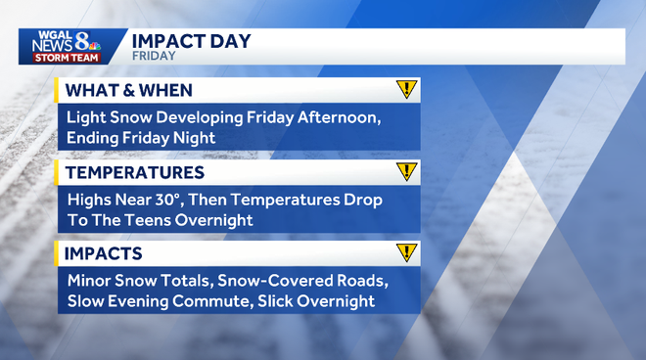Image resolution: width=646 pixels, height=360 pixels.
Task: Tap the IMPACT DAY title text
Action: [191, 41]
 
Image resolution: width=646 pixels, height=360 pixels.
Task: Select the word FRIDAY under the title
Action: [154, 57]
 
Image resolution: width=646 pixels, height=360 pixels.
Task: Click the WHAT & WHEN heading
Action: [127, 91]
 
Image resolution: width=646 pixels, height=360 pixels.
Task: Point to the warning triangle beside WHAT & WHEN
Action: [406, 90]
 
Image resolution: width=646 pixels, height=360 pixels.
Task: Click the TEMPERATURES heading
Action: [134, 173]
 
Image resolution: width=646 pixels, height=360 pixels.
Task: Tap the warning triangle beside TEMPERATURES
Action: [406, 172]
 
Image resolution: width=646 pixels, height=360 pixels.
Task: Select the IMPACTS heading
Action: [104, 254]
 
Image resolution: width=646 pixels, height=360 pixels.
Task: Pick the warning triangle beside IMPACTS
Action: [406, 253]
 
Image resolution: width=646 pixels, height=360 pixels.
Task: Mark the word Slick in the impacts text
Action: [300, 301]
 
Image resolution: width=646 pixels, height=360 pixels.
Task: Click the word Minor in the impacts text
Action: [90, 281]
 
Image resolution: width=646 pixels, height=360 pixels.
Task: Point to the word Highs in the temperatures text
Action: [90, 200]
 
